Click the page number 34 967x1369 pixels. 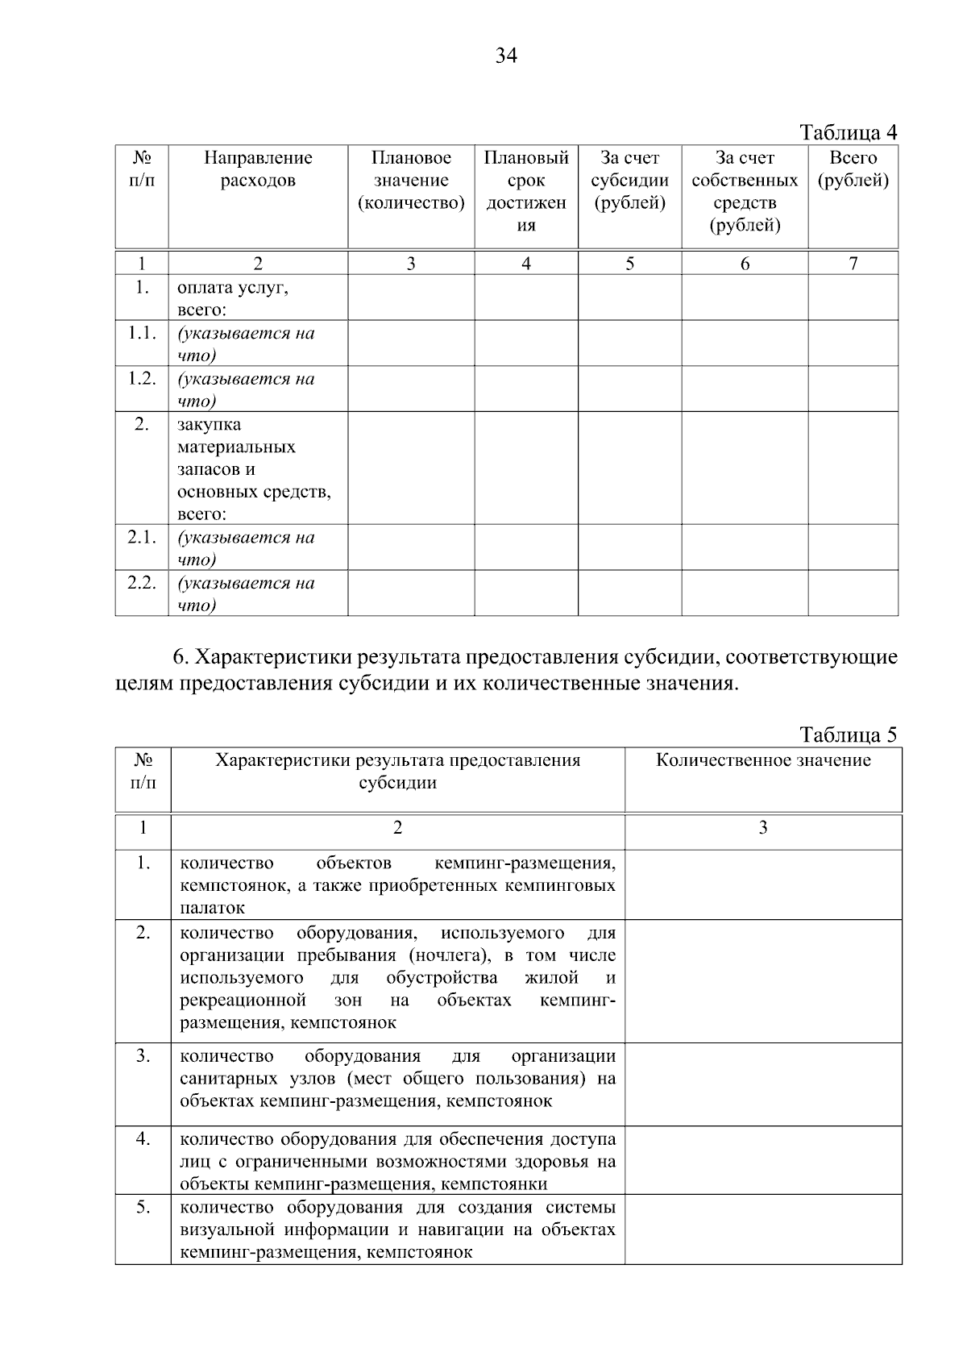click(506, 56)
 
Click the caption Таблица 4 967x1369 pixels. click(848, 132)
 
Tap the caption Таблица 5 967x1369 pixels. click(848, 734)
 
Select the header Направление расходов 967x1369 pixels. click(258, 169)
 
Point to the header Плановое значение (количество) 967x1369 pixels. click(411, 181)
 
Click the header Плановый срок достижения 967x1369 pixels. click(526, 192)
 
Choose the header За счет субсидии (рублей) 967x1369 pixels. click(630, 181)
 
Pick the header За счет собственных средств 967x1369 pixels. click(745, 192)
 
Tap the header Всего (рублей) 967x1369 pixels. click(853, 169)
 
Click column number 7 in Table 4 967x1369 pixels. click(853, 264)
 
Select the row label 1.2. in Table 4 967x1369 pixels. click(142, 379)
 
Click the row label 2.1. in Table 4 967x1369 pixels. click(142, 538)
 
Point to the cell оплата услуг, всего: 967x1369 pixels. click(233, 298)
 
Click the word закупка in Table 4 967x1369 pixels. click(210, 425)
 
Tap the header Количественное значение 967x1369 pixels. click(763, 760)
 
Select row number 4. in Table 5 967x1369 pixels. click(143, 1139)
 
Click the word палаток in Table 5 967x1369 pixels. click(213, 909)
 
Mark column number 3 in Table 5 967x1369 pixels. click(763, 828)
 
